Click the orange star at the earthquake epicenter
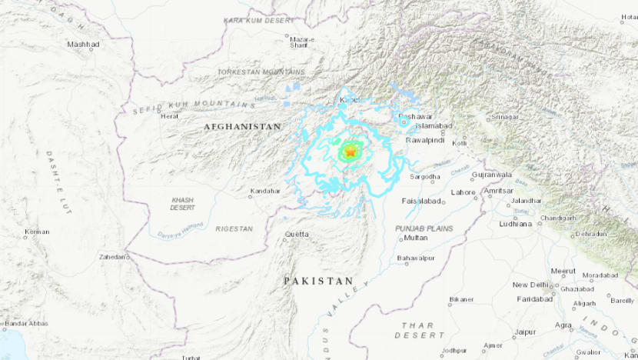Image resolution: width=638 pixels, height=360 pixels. (351, 153)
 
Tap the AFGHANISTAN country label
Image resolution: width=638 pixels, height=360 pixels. (242, 126)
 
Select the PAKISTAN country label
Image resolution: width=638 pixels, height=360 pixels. (318, 282)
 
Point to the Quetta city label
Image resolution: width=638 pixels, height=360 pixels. (297, 234)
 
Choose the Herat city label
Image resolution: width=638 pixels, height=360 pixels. (169, 116)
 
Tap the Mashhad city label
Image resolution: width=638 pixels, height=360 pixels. (83, 45)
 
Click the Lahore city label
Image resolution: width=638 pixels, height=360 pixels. (464, 192)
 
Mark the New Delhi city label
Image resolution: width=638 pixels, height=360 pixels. (530, 285)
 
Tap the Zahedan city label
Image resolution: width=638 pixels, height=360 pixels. (113, 257)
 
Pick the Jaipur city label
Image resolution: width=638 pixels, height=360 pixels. (525, 332)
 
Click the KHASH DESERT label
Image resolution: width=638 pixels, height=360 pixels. (183, 204)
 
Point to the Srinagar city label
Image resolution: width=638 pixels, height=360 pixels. (504, 117)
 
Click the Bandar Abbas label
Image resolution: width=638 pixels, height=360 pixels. (26, 324)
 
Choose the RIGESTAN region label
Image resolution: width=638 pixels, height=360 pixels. (233, 228)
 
